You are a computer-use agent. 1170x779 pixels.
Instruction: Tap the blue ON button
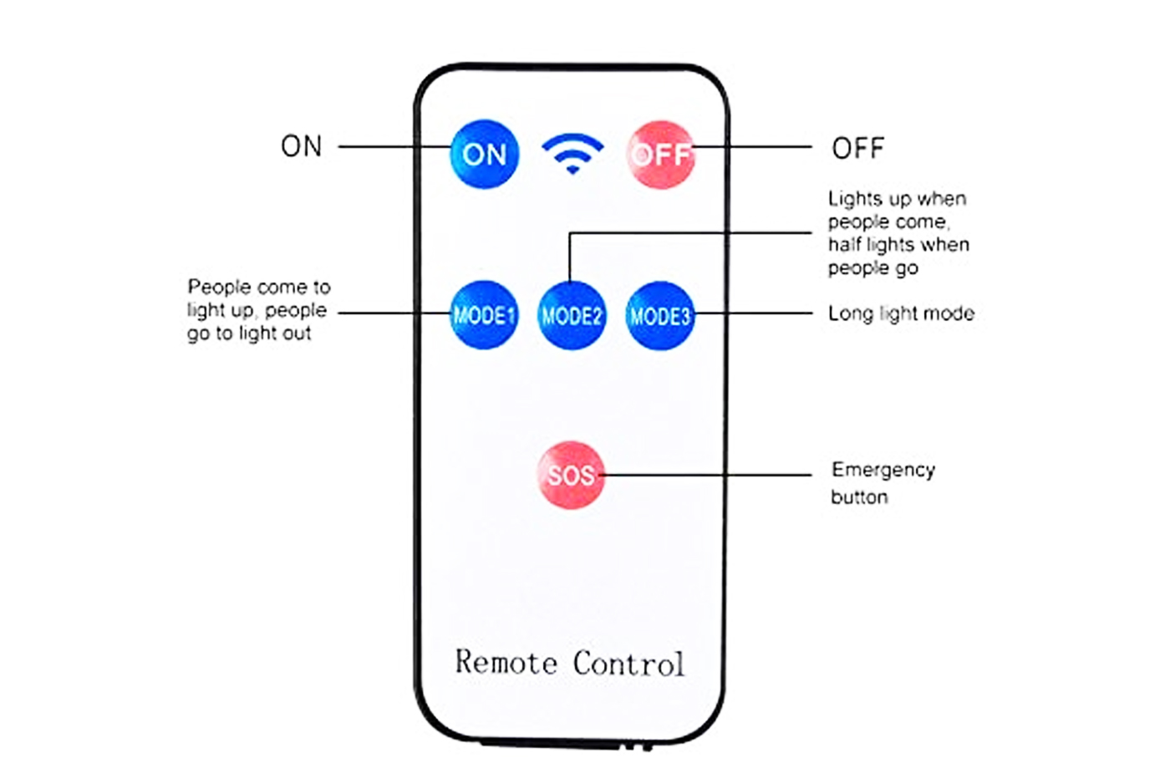(485, 154)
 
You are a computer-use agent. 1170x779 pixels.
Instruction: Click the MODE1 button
(484, 315)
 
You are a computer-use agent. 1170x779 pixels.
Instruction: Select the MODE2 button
(572, 316)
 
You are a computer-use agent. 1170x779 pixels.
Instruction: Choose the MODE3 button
(659, 316)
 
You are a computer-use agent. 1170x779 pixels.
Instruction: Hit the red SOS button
(571, 475)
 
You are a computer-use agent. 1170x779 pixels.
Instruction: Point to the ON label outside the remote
(301, 146)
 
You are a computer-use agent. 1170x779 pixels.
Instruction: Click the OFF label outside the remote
(857, 149)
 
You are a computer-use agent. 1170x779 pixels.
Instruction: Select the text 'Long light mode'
(901, 313)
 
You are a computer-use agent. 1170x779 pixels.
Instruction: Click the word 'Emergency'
(883, 470)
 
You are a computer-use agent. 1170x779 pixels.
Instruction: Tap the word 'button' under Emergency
(859, 497)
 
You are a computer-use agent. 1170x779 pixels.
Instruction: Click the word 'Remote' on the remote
(506, 662)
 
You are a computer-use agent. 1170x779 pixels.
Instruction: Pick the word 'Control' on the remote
(628, 664)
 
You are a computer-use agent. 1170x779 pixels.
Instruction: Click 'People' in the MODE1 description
(219, 288)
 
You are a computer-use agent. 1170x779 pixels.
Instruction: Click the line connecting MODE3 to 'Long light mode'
(752, 313)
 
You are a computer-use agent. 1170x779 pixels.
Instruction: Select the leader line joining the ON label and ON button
(393, 146)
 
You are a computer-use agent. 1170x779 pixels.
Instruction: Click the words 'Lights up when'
(897, 199)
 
